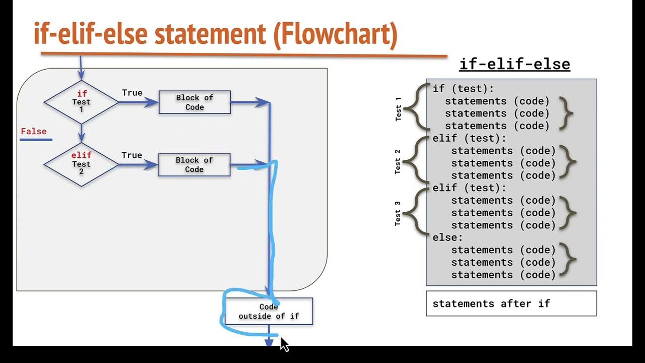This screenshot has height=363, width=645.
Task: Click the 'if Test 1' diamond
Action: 81,102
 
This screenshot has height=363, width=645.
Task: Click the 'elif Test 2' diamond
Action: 81,164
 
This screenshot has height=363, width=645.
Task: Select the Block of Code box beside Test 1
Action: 195,102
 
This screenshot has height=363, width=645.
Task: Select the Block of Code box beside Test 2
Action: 194,165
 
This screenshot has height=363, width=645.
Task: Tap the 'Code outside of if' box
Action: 269,311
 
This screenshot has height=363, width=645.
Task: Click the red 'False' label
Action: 33,132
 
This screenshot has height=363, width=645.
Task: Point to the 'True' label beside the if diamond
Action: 132,93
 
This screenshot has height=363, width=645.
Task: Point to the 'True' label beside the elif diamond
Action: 132,155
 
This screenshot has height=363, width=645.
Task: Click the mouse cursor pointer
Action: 284,344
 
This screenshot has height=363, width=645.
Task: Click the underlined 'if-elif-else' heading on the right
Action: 514,65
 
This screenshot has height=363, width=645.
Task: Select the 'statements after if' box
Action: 511,304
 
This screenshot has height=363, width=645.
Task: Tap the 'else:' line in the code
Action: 447,237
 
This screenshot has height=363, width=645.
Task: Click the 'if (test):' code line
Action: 464,89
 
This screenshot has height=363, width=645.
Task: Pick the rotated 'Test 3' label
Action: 398,213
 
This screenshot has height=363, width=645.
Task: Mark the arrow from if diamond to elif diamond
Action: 81,134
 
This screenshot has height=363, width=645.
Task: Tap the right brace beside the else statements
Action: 568,262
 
